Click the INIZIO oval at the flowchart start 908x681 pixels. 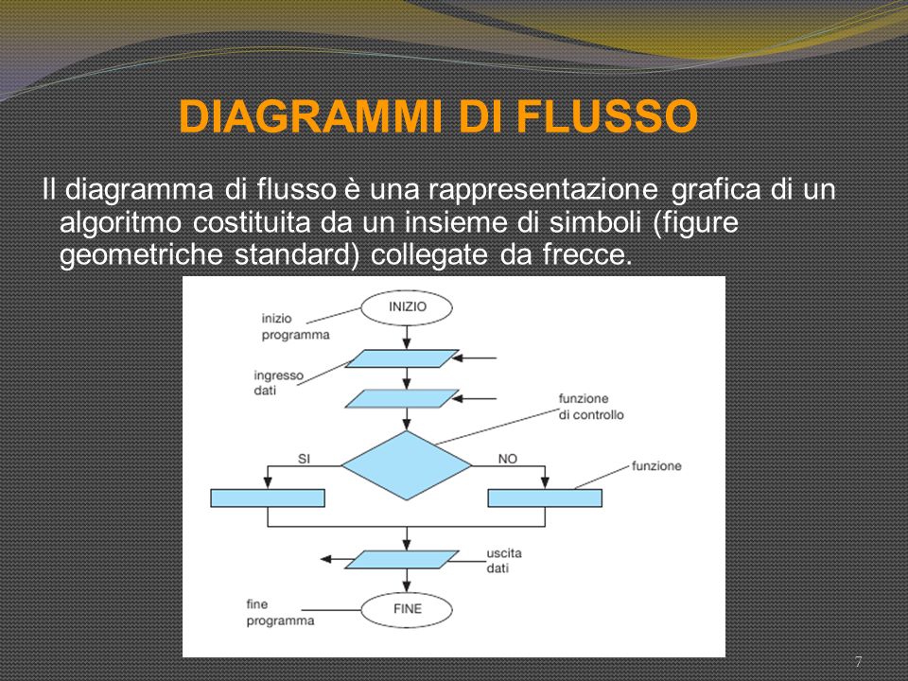[407, 307]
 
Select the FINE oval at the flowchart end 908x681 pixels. [407, 610]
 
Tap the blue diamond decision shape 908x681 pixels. [407, 465]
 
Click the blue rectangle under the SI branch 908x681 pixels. [268, 498]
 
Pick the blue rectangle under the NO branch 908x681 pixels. [545, 498]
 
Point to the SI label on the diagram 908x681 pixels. [304, 459]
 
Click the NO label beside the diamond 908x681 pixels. [507, 459]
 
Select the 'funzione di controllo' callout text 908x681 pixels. [591, 407]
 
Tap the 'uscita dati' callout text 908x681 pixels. [504, 561]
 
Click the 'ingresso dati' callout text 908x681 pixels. [278, 383]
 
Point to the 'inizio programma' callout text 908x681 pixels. [295, 326]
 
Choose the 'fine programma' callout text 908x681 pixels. [280, 613]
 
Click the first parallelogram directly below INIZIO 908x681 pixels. [403, 358]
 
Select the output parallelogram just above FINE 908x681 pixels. [403, 560]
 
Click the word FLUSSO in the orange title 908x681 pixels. [607, 116]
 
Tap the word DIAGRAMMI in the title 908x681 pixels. [310, 116]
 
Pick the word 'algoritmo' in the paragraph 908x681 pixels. [121, 223]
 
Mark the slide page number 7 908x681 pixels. [859, 661]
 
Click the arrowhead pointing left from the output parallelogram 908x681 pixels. [326, 559]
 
